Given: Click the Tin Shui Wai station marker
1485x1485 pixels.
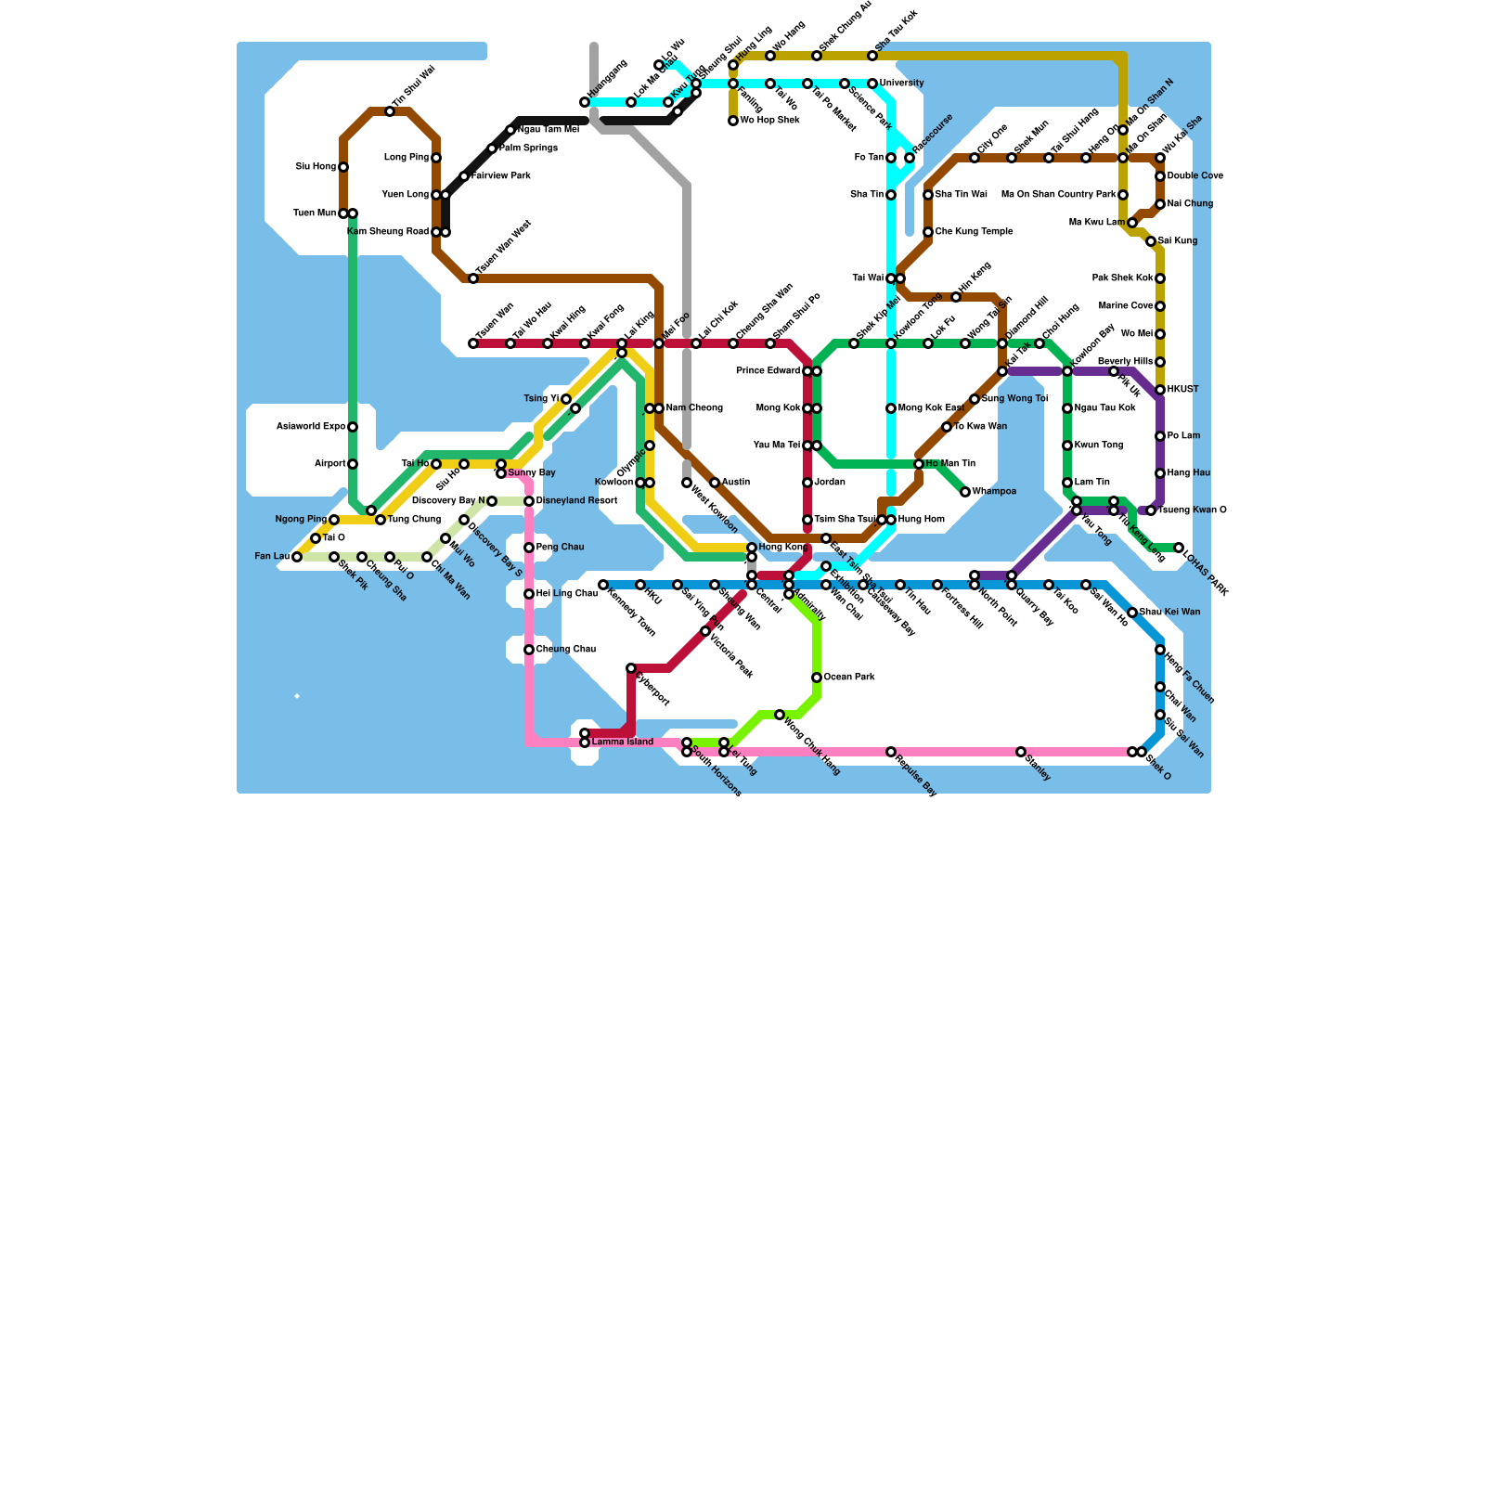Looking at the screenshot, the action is pos(390,111).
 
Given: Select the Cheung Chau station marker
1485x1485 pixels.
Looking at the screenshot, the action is pos(529,650).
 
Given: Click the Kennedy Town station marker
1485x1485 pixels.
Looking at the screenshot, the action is pos(603,585).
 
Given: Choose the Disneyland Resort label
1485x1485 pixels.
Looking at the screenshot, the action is pos(576,501).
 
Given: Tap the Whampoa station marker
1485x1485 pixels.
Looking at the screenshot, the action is pos(965,492).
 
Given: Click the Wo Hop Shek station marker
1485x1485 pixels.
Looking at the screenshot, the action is pos(733,121).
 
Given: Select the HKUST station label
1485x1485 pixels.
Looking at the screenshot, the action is pos(1183,390).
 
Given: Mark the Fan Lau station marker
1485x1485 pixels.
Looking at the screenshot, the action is pos(297,557).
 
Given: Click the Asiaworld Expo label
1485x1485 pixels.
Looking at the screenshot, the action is pos(311,427).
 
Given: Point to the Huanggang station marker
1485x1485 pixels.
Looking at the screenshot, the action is pos(585,102).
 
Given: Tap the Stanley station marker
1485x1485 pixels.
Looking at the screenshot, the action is pos(1021,752).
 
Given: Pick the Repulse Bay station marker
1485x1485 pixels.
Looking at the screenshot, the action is pos(891,752).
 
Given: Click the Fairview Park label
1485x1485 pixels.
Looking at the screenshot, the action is pos(501,176).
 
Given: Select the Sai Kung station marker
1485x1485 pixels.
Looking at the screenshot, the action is pos(1151,241).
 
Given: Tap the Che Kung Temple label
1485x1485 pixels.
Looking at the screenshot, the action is pos(974,232).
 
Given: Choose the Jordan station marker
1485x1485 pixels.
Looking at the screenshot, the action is pos(807,483).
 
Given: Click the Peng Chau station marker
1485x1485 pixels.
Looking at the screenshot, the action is pos(529,548).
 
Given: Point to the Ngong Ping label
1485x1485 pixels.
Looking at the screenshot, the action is pos(301,520).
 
